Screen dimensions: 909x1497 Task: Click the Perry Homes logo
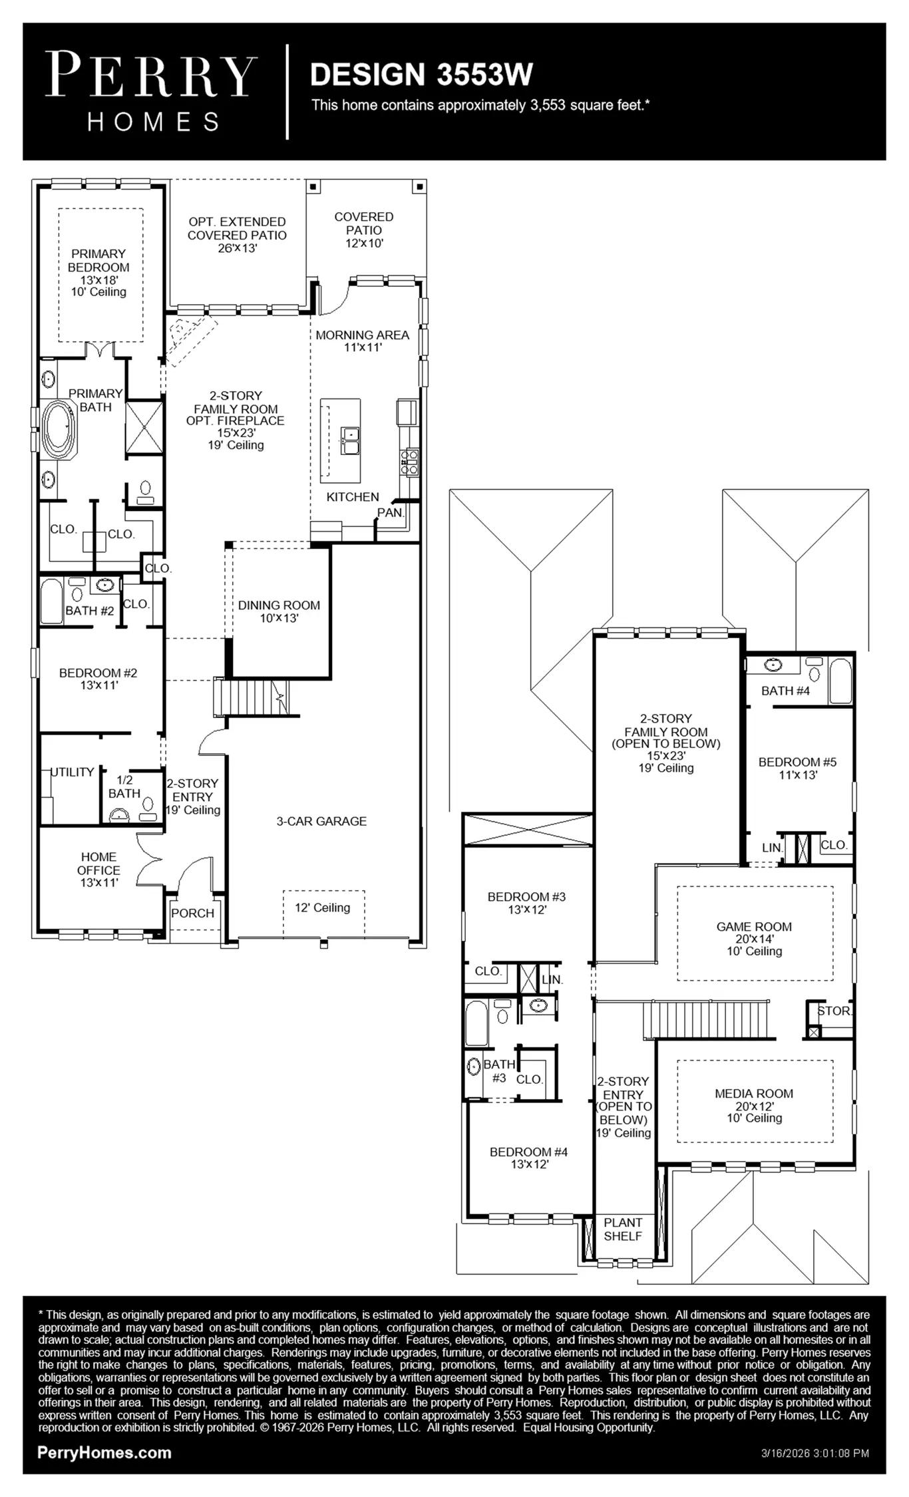152,92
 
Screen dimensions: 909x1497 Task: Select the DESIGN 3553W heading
421,74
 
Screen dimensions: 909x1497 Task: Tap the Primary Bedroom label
98,272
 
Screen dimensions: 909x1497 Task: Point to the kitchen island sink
350,440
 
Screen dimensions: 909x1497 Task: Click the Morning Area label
362,341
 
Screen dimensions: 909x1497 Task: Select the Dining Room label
279,611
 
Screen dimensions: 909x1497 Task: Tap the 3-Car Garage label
321,821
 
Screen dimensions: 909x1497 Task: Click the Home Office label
99,870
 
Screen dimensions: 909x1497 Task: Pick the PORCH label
192,913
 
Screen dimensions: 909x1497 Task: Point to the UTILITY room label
73,772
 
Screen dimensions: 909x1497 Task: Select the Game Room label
754,939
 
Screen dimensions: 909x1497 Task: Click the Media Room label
754,1105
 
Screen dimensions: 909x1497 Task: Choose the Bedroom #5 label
798,768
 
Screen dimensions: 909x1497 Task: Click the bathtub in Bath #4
840,681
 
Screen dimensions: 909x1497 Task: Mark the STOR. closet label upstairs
834,1011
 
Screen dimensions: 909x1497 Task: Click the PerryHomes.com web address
104,1452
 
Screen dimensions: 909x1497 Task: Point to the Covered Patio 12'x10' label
364,230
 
